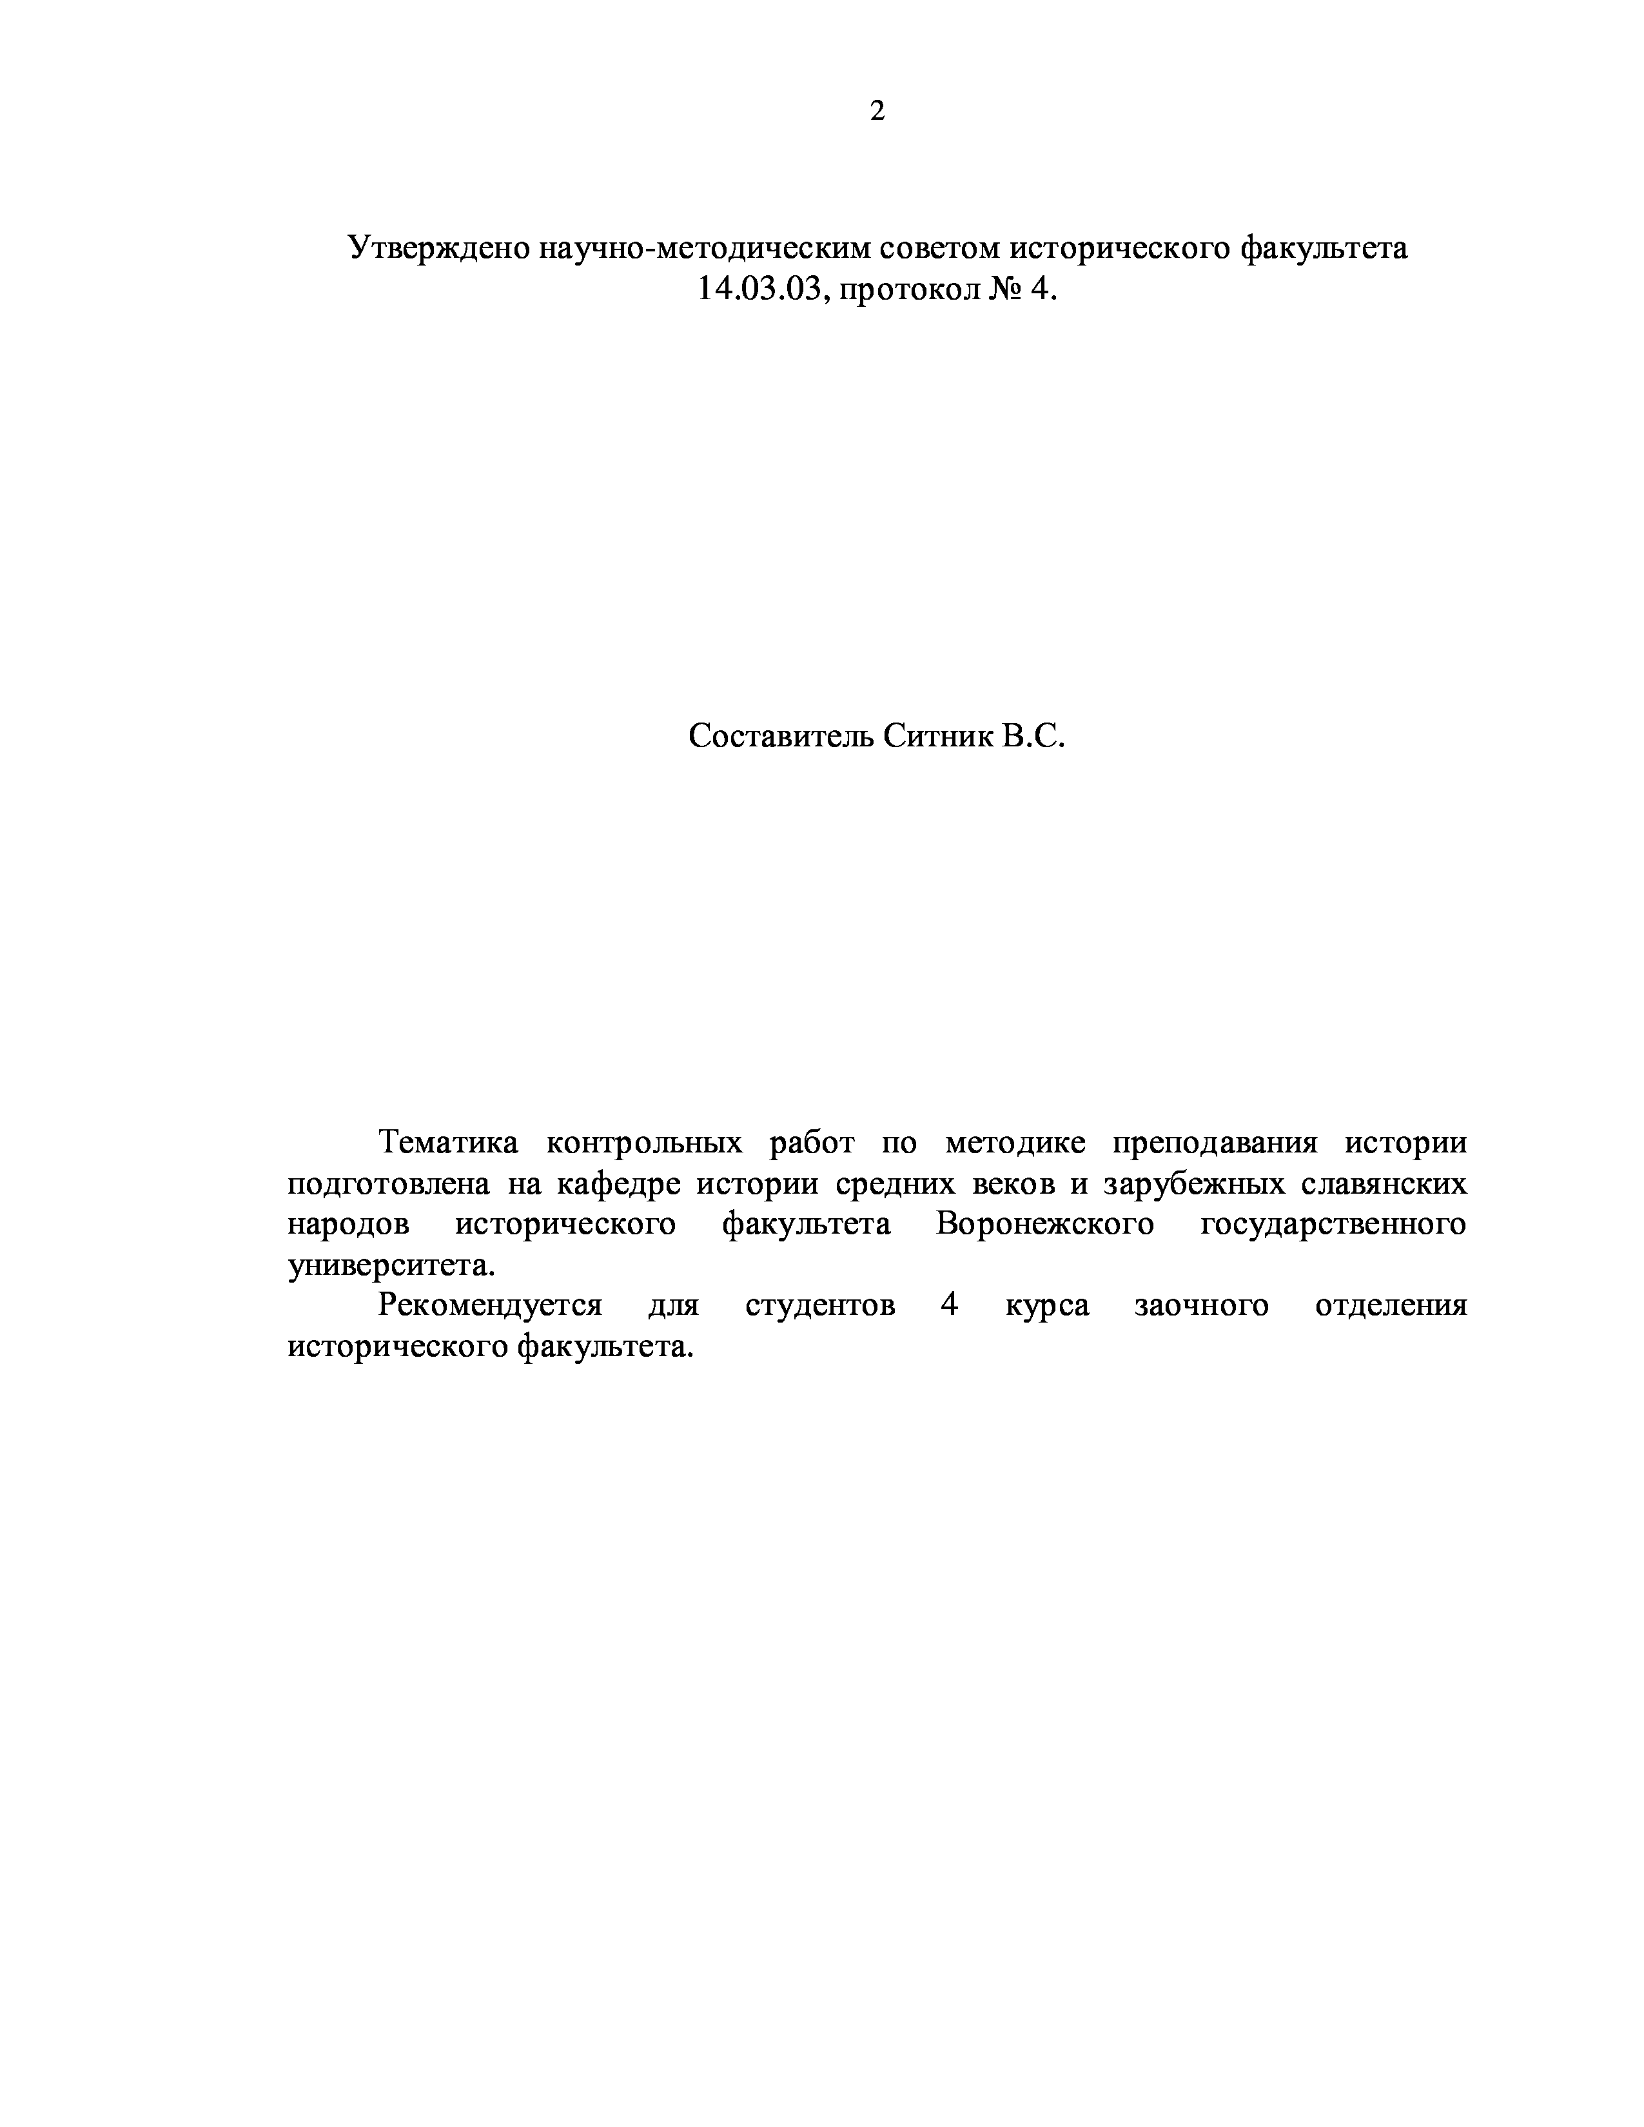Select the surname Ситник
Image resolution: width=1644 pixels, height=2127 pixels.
pyautogui.click(x=938, y=736)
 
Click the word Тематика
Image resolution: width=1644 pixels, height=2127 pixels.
pyautogui.click(x=448, y=1142)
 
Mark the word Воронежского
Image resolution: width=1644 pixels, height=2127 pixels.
pyautogui.click(x=1045, y=1224)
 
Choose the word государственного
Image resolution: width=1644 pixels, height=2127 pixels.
pyautogui.click(x=1333, y=1224)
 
